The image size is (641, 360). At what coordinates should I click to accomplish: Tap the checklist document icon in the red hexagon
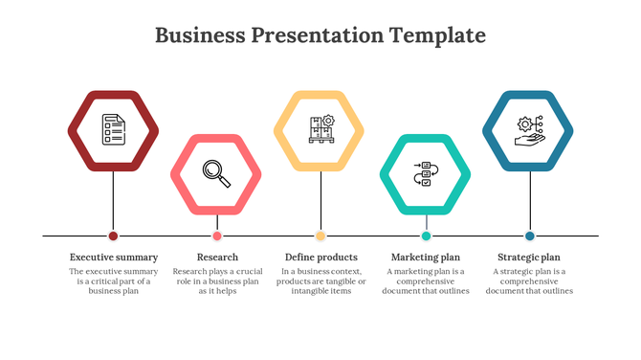point(113,129)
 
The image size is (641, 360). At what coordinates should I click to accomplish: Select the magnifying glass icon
point(216,172)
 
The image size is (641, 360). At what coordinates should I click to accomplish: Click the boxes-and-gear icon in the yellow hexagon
point(320,129)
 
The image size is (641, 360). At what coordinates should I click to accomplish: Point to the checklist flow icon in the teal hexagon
point(426,173)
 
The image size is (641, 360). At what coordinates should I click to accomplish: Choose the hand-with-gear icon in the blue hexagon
point(529,129)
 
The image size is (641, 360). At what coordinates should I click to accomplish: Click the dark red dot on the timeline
point(113,236)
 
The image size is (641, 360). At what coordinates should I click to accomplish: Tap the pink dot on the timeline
point(217,236)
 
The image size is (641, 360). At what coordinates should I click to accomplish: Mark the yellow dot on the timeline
point(320,236)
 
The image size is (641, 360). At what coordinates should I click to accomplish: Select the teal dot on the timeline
point(426,236)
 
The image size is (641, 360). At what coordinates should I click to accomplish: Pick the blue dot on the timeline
point(529,236)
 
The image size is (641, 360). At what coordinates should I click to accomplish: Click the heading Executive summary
point(114,257)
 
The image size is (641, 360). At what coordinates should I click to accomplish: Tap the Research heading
point(217,257)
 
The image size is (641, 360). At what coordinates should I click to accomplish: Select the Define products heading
point(321,257)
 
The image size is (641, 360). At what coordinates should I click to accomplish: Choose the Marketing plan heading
point(426,257)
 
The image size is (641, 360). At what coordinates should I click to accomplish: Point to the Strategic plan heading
point(529,257)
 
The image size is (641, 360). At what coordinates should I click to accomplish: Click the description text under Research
point(217,281)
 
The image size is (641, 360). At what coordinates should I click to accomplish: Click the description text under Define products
point(321,281)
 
